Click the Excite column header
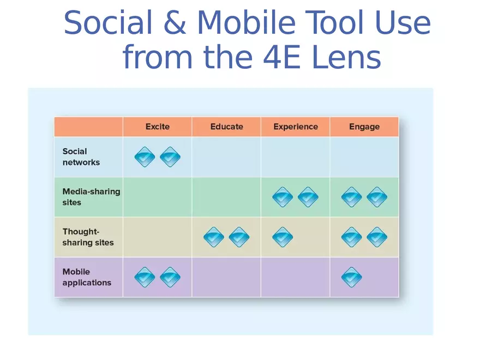tap(157, 127)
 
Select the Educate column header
tap(226, 127)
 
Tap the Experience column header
tap(295, 127)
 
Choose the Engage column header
tap(364, 127)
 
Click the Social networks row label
tap(81, 157)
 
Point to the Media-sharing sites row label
tap(91, 197)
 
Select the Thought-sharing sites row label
tap(88, 237)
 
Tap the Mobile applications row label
tap(87, 277)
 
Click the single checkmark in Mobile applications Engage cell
tap(351, 277)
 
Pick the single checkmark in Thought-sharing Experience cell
tap(283, 237)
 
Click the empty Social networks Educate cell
tap(226, 157)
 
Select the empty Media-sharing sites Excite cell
tap(157, 197)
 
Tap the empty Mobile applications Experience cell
tap(295, 277)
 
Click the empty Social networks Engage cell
tap(364, 157)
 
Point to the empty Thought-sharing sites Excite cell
tap(157, 237)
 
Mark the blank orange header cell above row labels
tap(88, 127)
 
